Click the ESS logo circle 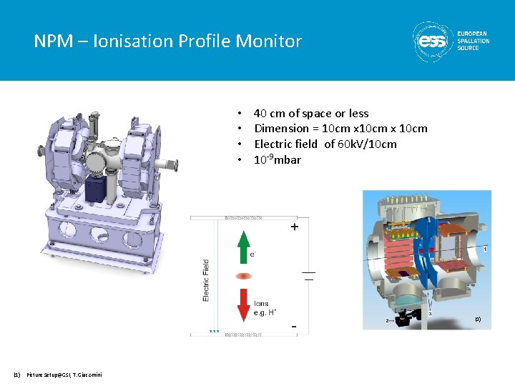(x=432, y=41)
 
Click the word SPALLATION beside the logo (x=474, y=41)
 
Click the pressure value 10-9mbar (x=278, y=159)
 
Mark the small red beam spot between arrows (x=244, y=275)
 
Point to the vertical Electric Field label (x=207, y=279)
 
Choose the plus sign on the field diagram (x=295, y=227)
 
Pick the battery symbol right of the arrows (x=309, y=275)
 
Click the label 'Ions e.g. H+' (x=263, y=308)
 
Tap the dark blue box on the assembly (x=96, y=189)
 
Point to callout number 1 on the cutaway (x=485, y=249)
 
